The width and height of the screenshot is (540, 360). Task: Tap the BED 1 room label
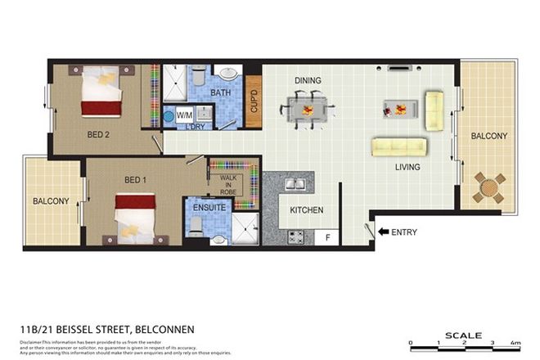point(114,179)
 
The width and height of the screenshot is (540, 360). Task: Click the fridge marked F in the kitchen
point(328,237)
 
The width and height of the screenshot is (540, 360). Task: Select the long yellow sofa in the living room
point(399,147)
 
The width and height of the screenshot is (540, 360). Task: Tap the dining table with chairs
point(308,106)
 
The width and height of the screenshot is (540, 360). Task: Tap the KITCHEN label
point(307,210)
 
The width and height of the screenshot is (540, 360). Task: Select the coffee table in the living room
point(399,106)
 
